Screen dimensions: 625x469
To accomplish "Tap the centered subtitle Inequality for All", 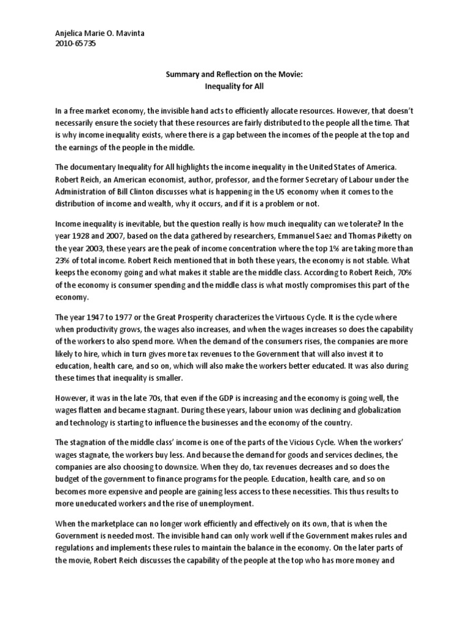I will pyautogui.click(x=234, y=86).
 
